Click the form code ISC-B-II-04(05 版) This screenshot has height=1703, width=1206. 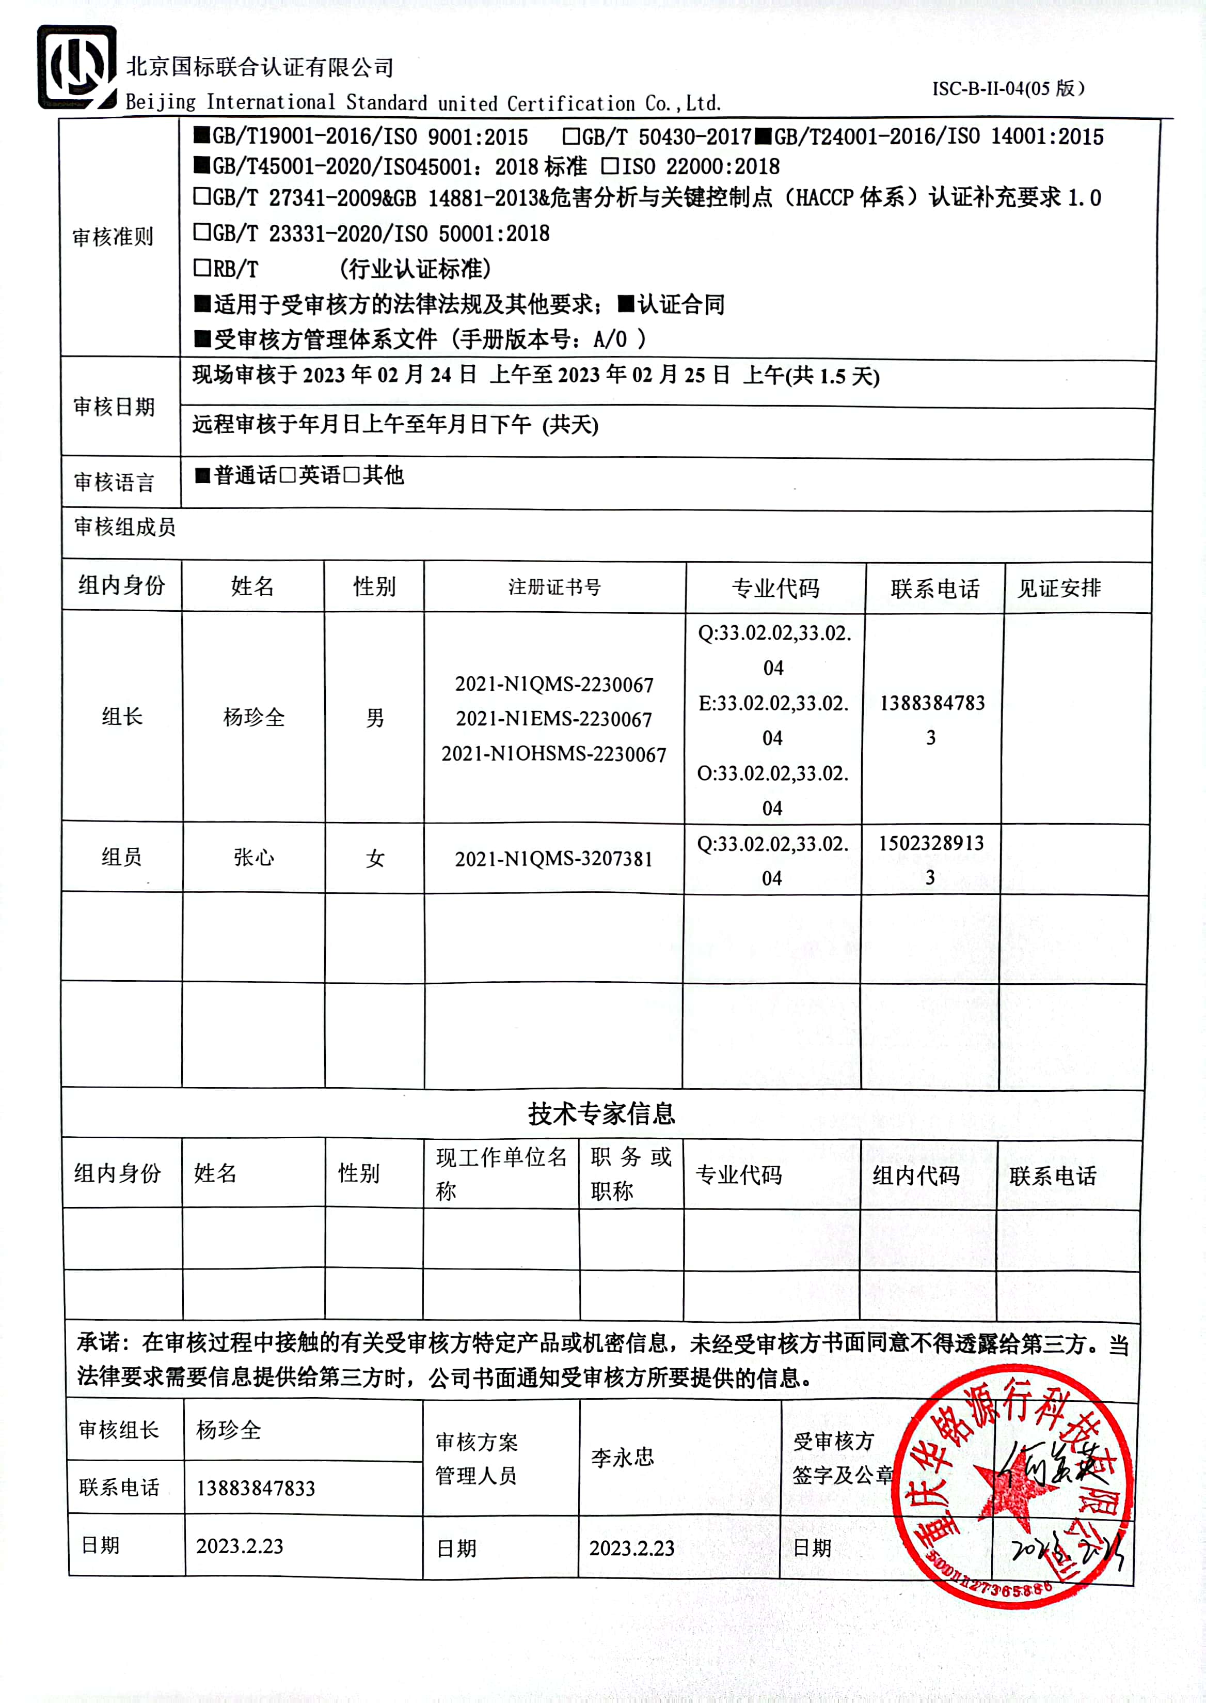(1008, 88)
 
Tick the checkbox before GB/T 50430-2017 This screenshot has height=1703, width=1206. (570, 136)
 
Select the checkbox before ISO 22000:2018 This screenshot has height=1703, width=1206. (610, 166)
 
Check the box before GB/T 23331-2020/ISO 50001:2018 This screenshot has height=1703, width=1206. (201, 232)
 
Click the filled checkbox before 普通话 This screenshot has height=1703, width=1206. (202, 475)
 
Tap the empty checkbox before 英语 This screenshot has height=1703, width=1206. (288, 475)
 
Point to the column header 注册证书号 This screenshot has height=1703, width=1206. (554, 587)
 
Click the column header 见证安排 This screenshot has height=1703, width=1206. (1058, 587)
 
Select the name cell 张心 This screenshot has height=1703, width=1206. (254, 858)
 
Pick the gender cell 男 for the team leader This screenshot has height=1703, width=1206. (375, 718)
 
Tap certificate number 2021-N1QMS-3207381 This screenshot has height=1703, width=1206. (553, 859)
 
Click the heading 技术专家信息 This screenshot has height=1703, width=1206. (601, 1113)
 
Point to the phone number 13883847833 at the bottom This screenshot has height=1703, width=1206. (256, 1488)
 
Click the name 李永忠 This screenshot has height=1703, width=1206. (622, 1457)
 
